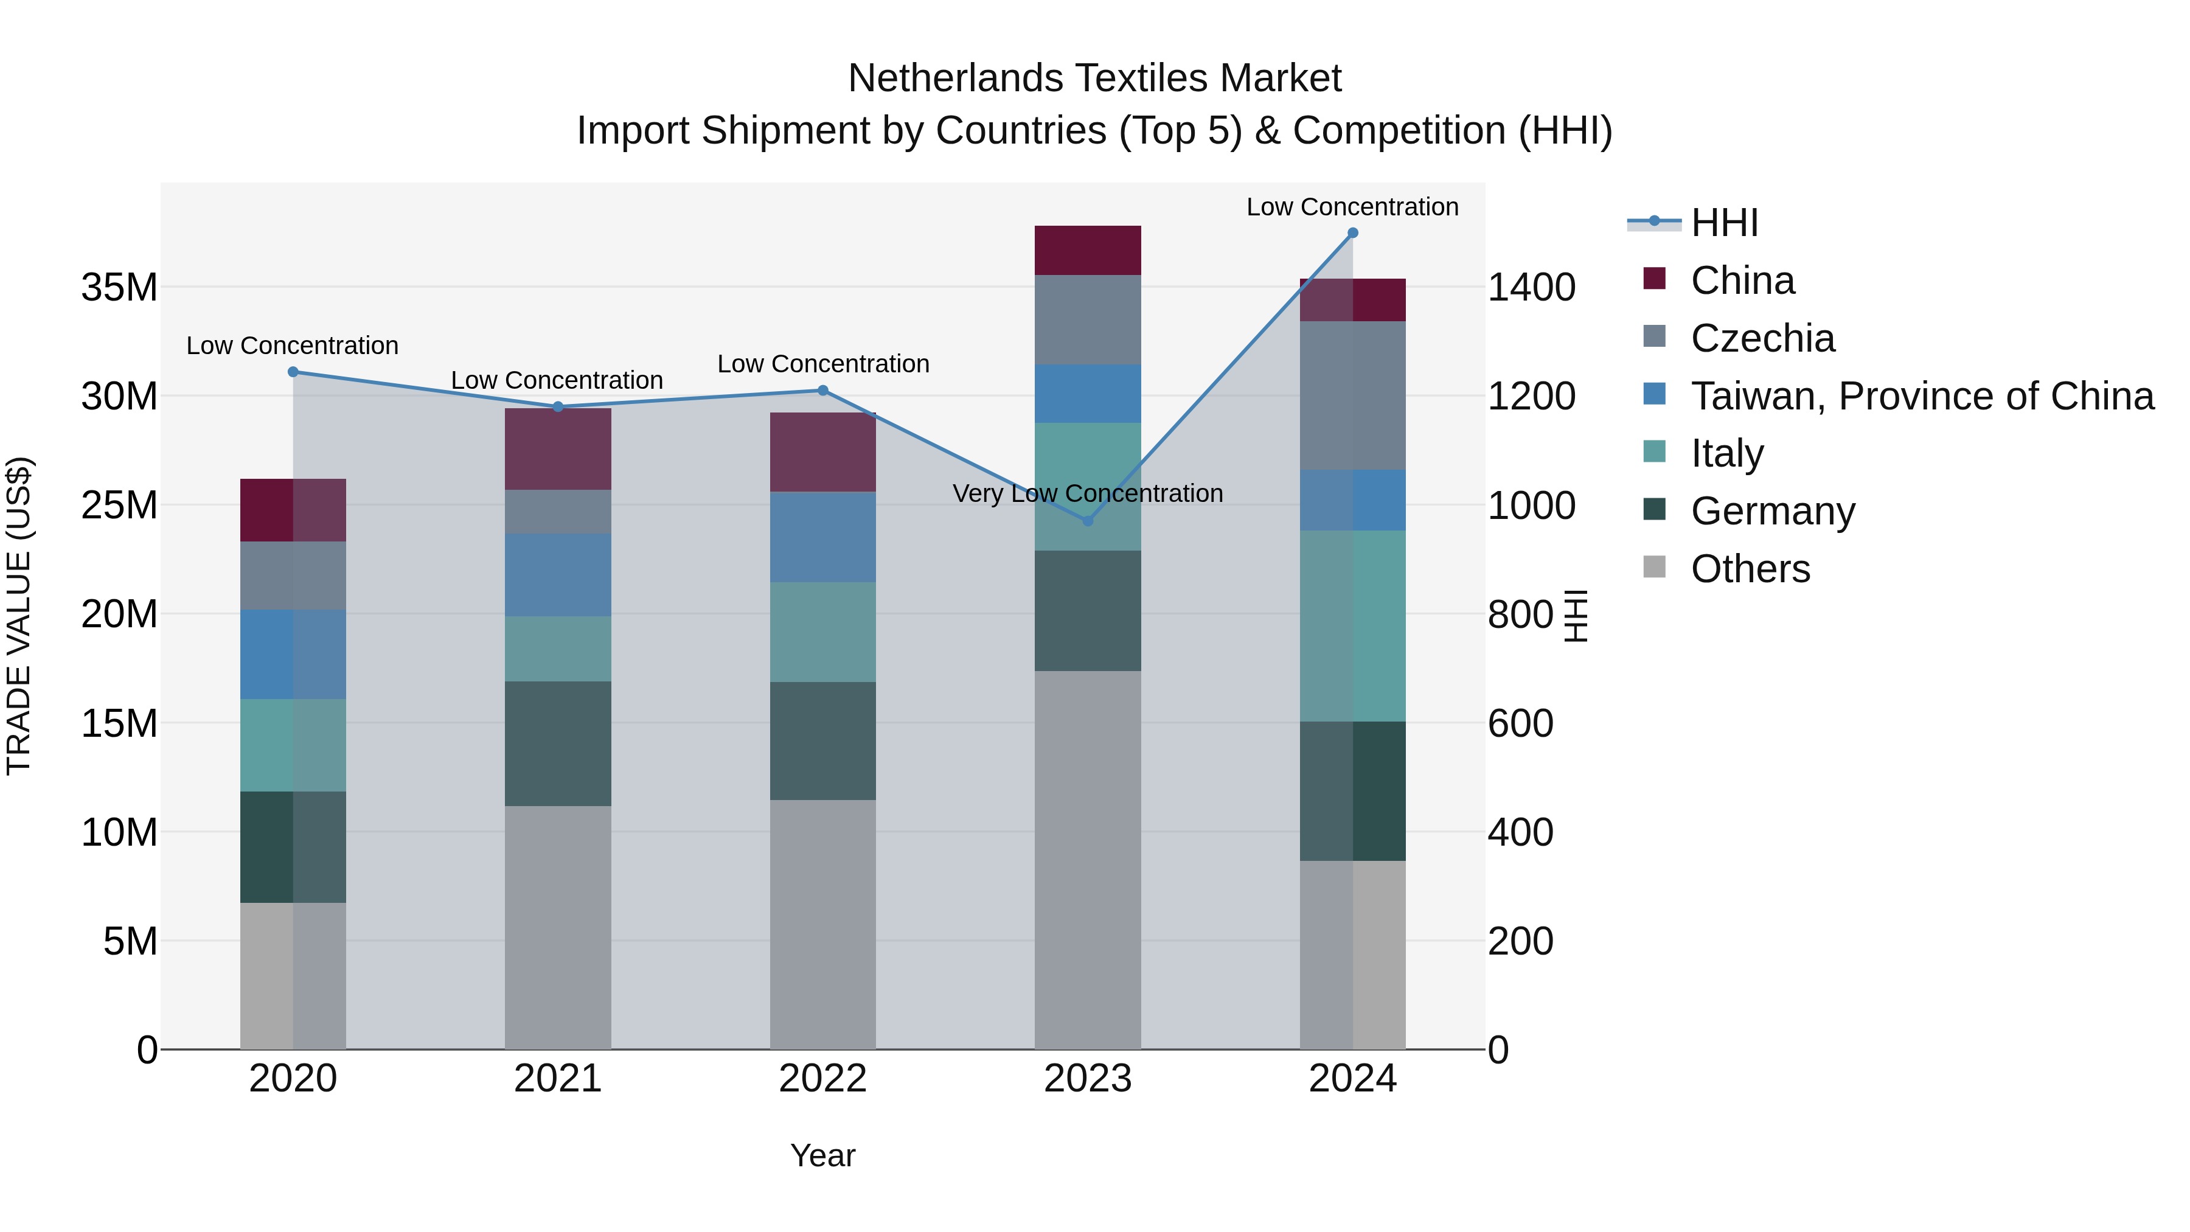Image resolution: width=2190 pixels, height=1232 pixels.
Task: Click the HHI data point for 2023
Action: point(1087,520)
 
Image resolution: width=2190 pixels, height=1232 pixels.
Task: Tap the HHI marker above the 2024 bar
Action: point(1352,233)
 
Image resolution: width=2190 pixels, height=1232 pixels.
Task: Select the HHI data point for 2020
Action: point(293,372)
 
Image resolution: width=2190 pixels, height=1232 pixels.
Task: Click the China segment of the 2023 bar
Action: point(1087,250)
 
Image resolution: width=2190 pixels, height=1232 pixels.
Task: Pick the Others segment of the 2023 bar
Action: point(1087,858)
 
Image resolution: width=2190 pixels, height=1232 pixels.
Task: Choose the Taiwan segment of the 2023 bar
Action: point(1087,393)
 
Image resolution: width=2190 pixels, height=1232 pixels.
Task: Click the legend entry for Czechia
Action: point(1762,338)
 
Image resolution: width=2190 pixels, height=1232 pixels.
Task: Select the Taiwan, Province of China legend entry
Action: point(1921,396)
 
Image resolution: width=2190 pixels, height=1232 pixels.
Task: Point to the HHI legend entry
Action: point(1723,223)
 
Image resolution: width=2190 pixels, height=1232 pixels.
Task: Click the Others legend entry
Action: point(1750,569)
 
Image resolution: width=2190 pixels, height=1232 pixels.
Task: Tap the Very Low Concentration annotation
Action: point(1087,493)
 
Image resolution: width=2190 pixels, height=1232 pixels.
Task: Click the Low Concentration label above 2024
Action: point(1352,207)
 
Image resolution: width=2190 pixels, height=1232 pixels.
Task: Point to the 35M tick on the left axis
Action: point(119,287)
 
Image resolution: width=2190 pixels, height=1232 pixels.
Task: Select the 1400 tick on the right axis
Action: point(1531,287)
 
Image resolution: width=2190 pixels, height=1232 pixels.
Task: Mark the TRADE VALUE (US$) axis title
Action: point(19,616)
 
